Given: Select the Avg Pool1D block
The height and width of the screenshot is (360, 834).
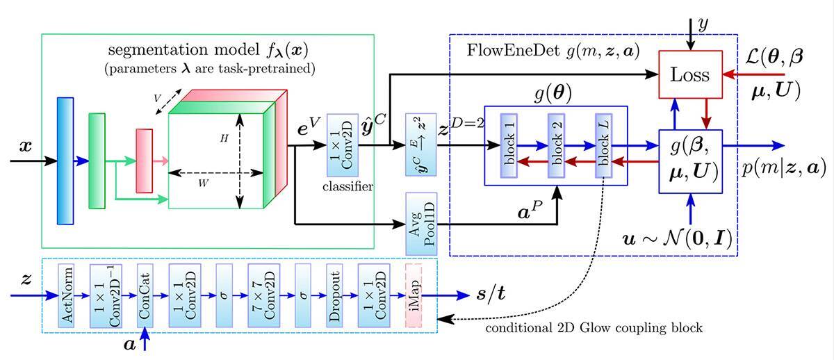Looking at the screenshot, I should tap(420, 223).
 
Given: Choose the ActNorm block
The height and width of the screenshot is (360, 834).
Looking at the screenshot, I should tap(68, 295).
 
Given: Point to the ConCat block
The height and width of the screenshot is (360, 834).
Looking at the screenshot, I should tap(145, 295).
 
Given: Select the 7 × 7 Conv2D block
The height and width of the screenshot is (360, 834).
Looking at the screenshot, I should tap(263, 295).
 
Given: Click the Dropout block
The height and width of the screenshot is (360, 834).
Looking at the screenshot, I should tap(335, 295).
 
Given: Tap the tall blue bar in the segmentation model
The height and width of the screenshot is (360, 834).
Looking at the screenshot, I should tap(65, 161).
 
